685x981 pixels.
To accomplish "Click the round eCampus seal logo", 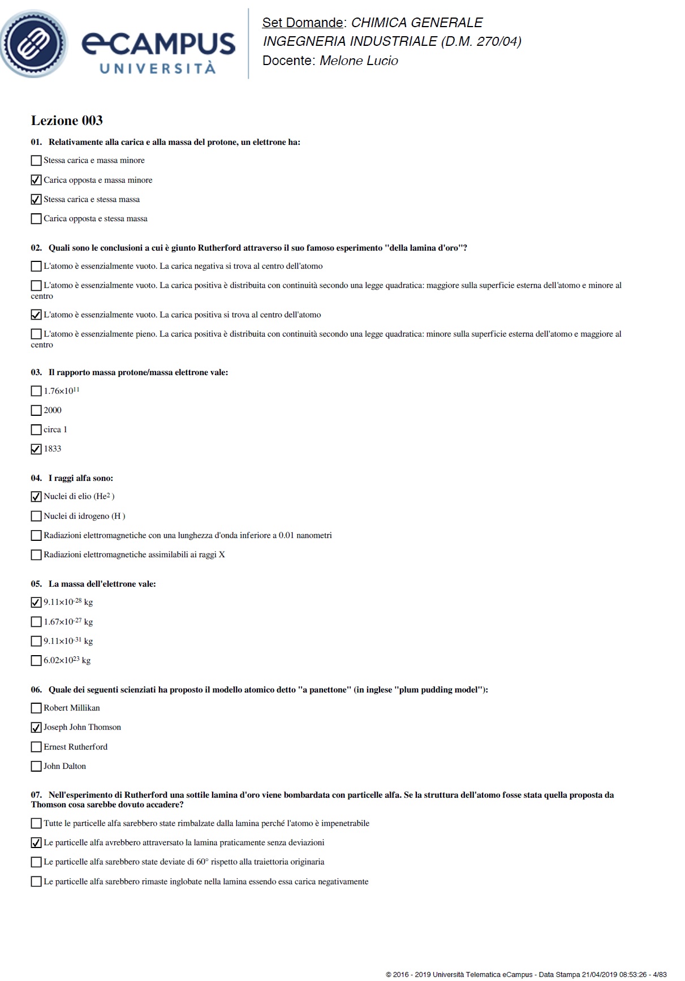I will click(x=34, y=44).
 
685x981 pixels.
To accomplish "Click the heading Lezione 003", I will click(x=67, y=121).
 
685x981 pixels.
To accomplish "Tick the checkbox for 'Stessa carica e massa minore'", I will click(x=36, y=161).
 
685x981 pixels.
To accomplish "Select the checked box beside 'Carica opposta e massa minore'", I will click(x=36, y=180).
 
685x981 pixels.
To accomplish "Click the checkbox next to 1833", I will click(x=36, y=449).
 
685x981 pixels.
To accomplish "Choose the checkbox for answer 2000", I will click(x=36, y=410).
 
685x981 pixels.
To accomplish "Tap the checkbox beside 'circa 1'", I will click(x=36, y=430).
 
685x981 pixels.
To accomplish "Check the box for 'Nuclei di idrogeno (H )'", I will click(x=36, y=516).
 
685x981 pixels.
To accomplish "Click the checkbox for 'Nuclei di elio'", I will click(x=36, y=497).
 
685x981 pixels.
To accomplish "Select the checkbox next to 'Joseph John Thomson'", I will click(x=36, y=728).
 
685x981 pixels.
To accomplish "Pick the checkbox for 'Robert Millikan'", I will click(x=36, y=708).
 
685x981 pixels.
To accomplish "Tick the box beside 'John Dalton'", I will click(x=36, y=767).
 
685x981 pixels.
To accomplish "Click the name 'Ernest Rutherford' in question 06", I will click(x=75, y=747).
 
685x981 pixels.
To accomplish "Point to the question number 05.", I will click(x=36, y=584).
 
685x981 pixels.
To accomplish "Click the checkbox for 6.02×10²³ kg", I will click(x=36, y=661).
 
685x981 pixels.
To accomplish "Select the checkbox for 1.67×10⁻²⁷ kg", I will click(x=36, y=622).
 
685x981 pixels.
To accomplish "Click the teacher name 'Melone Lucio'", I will click(x=359, y=61).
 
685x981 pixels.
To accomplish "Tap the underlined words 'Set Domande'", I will click(x=303, y=23).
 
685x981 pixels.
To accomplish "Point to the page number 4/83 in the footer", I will click(x=660, y=974).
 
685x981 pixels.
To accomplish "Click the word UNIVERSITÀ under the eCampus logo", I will click(x=158, y=68).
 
